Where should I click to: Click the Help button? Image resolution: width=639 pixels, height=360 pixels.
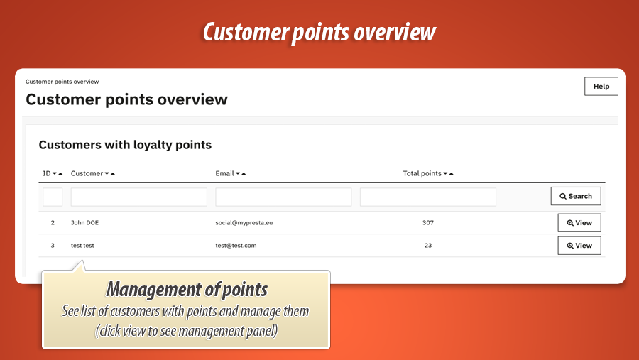click(x=601, y=87)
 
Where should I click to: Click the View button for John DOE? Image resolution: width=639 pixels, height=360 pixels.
click(x=579, y=223)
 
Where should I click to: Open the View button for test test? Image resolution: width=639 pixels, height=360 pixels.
click(x=579, y=246)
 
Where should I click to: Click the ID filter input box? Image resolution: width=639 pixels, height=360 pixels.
click(x=53, y=197)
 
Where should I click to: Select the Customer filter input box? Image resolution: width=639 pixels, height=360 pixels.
click(x=138, y=197)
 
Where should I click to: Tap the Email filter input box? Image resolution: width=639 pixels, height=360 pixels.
click(x=283, y=197)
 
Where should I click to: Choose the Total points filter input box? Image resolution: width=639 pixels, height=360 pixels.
click(x=427, y=197)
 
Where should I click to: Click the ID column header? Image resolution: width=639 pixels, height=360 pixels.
click(x=47, y=173)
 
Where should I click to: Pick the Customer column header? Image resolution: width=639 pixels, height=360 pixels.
click(x=87, y=173)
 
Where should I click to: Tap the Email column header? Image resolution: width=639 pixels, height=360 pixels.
click(x=225, y=173)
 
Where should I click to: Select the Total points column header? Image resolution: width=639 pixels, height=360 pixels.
click(x=422, y=173)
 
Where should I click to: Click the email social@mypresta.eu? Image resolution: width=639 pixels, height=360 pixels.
click(x=244, y=223)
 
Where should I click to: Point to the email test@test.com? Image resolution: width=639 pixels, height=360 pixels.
click(x=236, y=246)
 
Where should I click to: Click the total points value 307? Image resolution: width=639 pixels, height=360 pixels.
click(x=427, y=223)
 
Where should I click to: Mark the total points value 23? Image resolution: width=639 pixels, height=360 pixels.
click(x=427, y=246)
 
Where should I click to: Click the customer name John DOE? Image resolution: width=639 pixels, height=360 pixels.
click(x=84, y=223)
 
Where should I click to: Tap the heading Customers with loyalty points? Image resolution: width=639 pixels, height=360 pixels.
click(x=125, y=145)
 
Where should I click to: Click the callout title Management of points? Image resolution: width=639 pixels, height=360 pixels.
click(x=186, y=290)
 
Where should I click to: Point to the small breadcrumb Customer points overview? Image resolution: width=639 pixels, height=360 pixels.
click(x=62, y=82)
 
